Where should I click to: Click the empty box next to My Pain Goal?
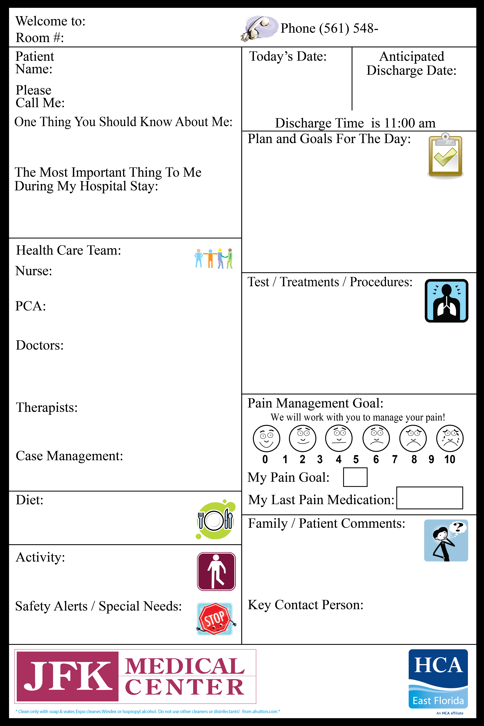pyautogui.click(x=355, y=477)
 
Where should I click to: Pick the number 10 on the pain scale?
pyautogui.click(x=449, y=459)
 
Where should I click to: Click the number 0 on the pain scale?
pyautogui.click(x=265, y=459)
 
